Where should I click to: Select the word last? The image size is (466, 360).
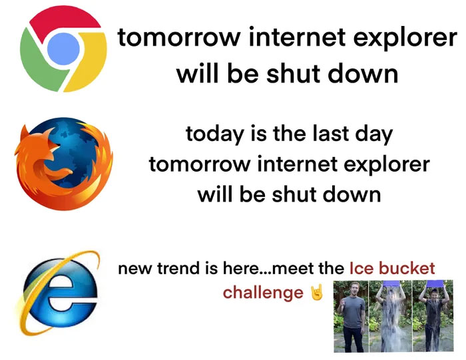(x=328, y=134)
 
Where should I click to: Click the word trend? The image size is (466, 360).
(x=177, y=269)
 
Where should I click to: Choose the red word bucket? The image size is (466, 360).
(x=409, y=269)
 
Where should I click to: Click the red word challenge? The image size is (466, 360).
(x=263, y=293)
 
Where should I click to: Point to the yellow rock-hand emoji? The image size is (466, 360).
(x=317, y=292)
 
